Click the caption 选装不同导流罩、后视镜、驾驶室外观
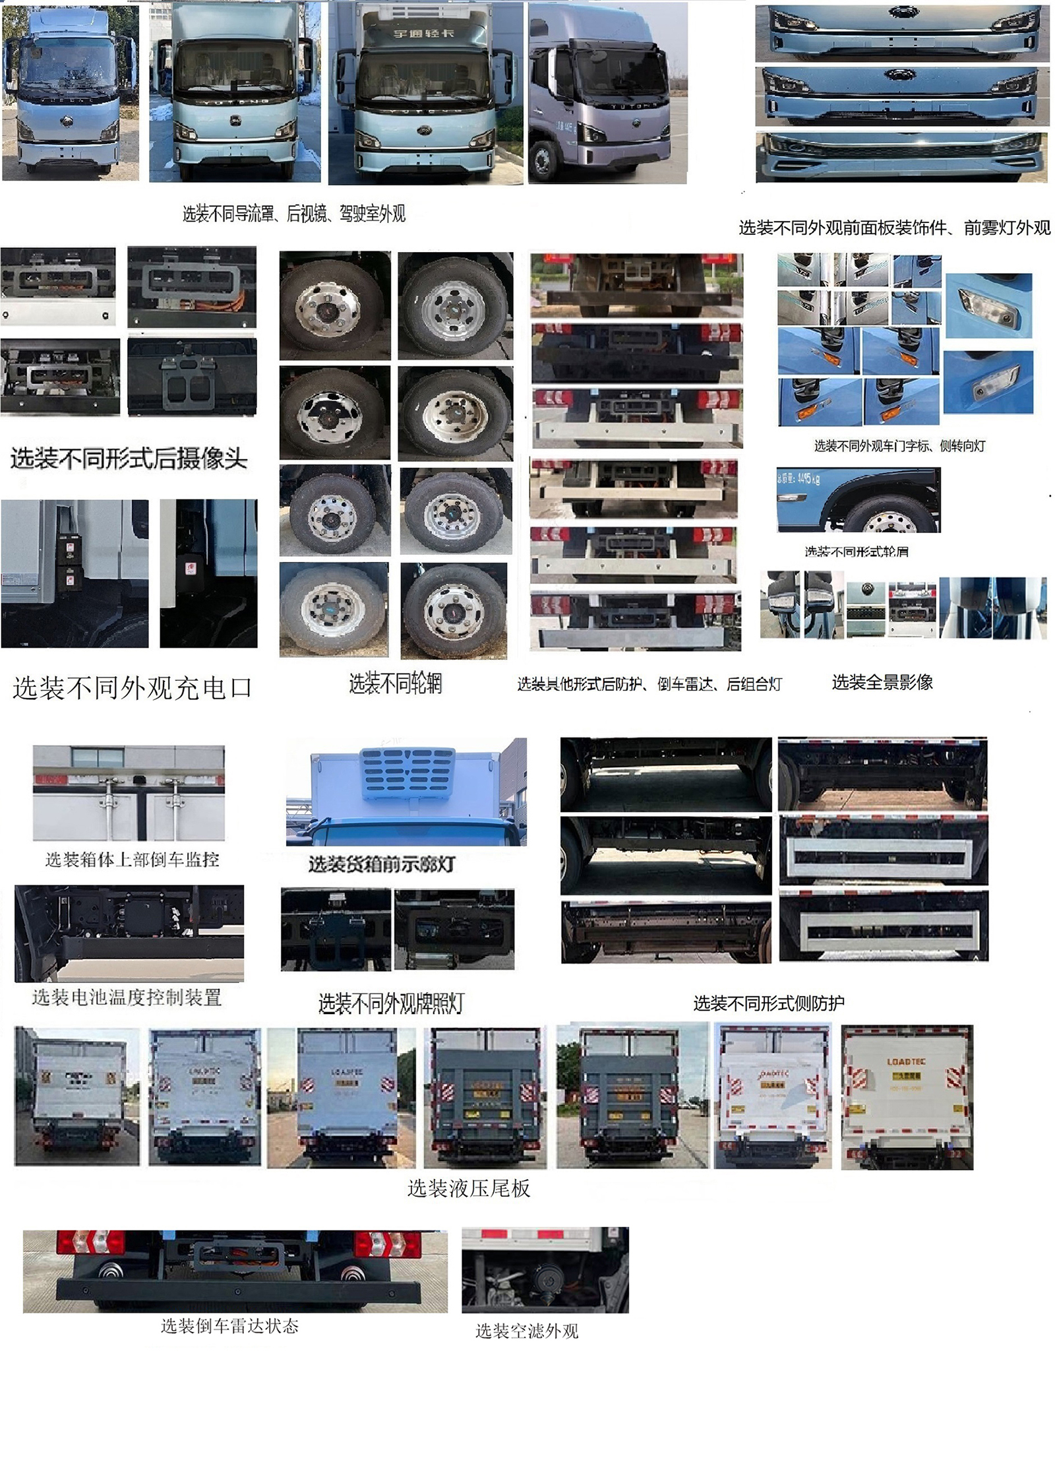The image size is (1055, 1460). click(x=293, y=214)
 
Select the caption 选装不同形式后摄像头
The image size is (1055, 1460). click(x=129, y=459)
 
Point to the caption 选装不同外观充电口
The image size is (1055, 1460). click(x=132, y=688)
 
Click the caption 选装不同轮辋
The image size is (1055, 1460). click(x=395, y=683)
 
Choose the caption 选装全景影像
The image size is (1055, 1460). click(x=882, y=682)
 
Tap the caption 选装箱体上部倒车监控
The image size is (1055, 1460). click(x=132, y=860)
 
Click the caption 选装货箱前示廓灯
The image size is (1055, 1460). click(x=382, y=864)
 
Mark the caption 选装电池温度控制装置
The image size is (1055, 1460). click(x=127, y=998)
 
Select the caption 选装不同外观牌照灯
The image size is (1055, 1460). click(x=391, y=1004)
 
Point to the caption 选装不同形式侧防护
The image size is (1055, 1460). click(x=768, y=1003)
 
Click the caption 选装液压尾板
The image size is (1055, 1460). click(x=469, y=1188)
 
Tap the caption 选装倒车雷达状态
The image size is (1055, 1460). click(x=229, y=1326)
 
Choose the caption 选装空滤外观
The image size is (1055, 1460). click(x=527, y=1331)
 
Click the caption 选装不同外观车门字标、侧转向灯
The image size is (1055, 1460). click(x=899, y=446)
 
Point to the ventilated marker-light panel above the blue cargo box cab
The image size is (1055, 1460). click(x=407, y=774)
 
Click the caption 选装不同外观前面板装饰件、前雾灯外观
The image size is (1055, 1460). click(x=894, y=228)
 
